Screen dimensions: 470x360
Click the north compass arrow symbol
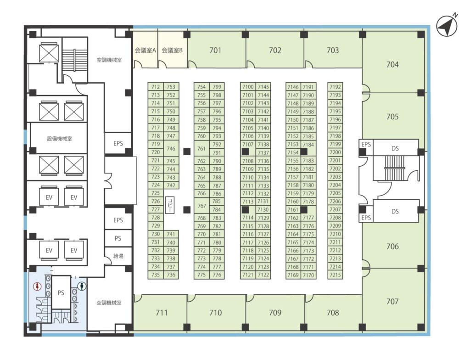pyautogui.click(x=447, y=26)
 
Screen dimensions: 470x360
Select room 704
pyautogui.click(x=393, y=61)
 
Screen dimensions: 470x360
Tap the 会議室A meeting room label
pyautogui.click(x=145, y=50)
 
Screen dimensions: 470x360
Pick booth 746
pyautogui.click(x=171, y=148)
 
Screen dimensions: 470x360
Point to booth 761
pyautogui.click(x=201, y=148)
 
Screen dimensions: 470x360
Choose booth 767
pyautogui.click(x=201, y=206)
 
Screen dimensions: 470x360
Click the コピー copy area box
pyautogui.click(x=170, y=205)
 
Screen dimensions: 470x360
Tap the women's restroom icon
pyautogui.click(x=37, y=286)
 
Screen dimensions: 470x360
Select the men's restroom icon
pyautogui.click(x=82, y=286)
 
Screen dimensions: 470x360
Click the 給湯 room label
pyautogui.click(x=118, y=256)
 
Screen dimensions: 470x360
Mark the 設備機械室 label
pyautogui.click(x=59, y=139)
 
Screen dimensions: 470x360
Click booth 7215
pyautogui.click(x=335, y=275)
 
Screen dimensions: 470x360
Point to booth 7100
pyautogui.click(x=248, y=87)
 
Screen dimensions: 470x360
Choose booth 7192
pyautogui.click(x=335, y=87)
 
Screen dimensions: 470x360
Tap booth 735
pyautogui.click(x=156, y=275)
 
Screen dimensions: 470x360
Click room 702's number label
pyautogui.click(x=275, y=51)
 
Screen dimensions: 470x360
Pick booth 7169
pyautogui.click(x=293, y=275)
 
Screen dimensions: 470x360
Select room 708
pyautogui.click(x=333, y=312)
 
